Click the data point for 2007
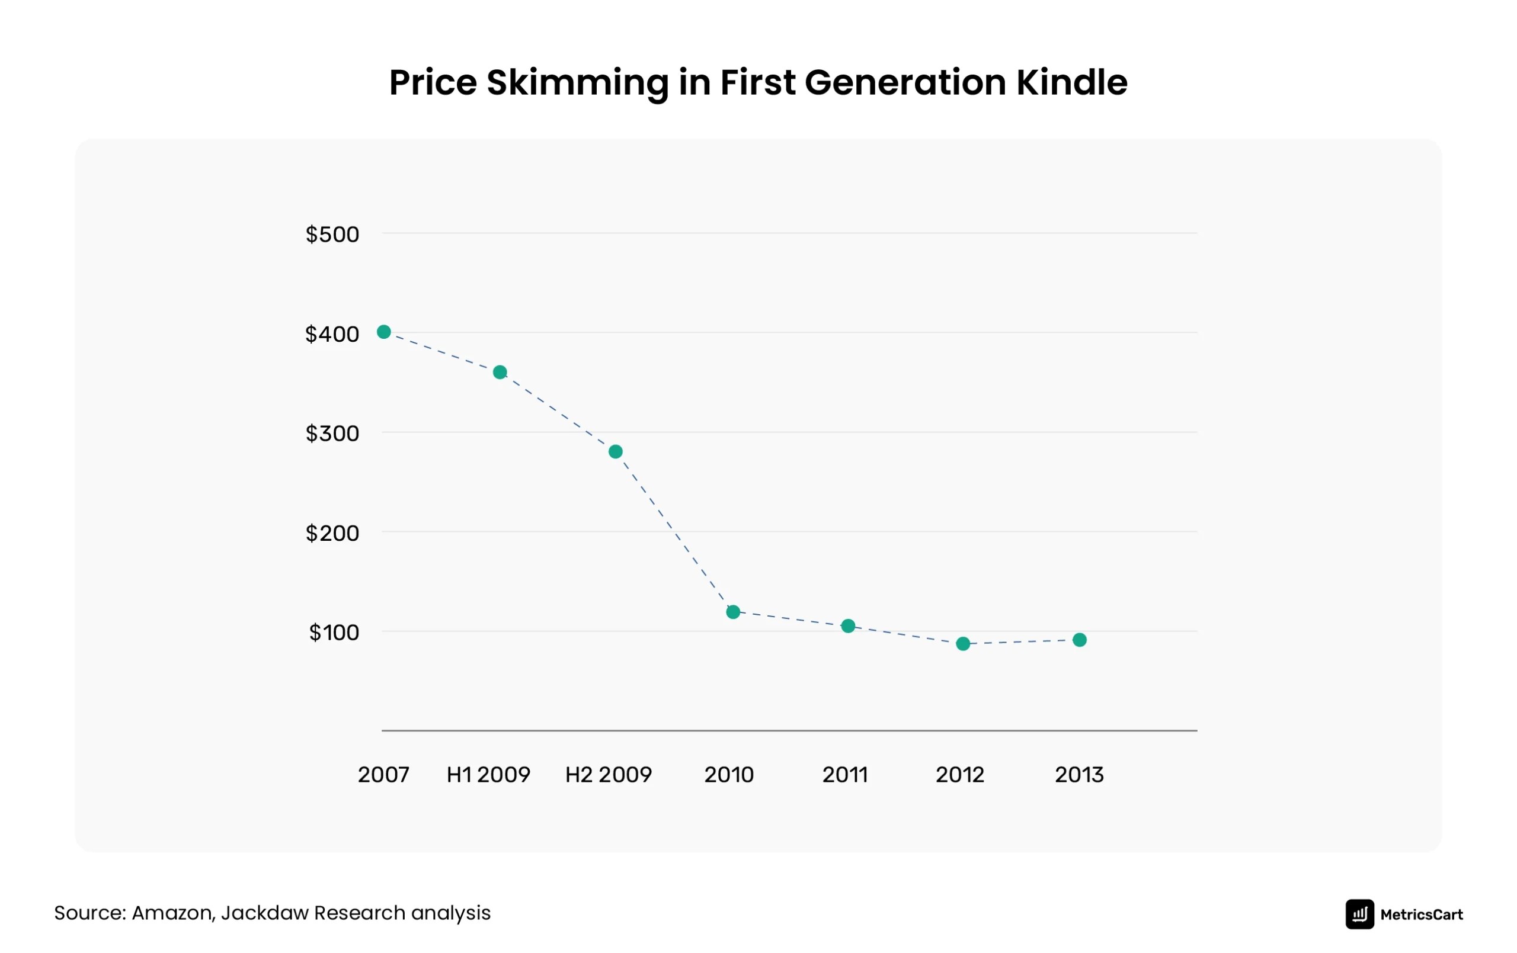point(383,332)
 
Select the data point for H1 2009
point(500,372)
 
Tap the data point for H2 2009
point(616,451)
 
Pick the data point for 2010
point(732,612)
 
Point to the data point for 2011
point(848,625)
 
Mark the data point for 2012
point(962,644)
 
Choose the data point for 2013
point(1079,640)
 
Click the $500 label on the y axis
point(332,235)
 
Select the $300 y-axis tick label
point(332,434)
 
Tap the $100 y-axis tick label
point(334,633)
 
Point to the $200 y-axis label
point(332,533)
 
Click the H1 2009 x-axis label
point(488,775)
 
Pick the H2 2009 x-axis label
point(608,775)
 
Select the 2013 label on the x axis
point(1079,775)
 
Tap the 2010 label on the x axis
point(729,775)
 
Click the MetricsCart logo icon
point(1359,914)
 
